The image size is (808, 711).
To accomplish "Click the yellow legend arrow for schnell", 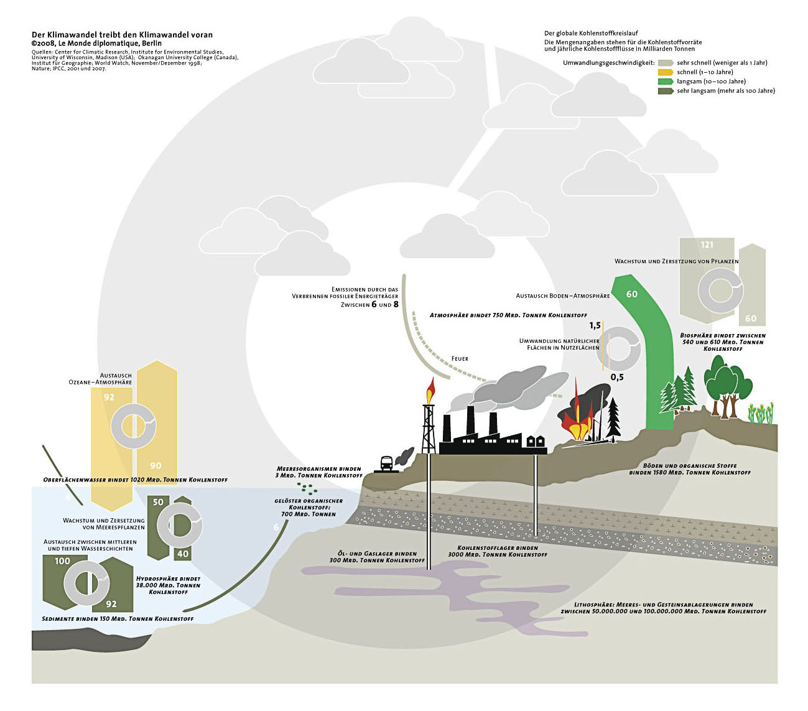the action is pos(666,72).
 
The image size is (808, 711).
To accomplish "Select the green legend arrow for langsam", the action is pos(666,81).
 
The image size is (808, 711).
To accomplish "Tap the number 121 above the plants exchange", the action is pos(707,244).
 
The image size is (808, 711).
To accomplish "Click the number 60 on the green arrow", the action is pos(632,294).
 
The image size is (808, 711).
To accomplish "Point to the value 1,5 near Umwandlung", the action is pos(595,326).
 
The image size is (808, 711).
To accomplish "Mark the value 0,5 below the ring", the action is pos(617,377).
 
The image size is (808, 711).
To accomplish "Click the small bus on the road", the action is pos(386,464).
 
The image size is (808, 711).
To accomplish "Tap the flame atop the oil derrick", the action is pos(430,391).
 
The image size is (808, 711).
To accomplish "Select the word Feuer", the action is pos(460,358).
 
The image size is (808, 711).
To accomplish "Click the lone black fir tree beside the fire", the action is pos(613,417).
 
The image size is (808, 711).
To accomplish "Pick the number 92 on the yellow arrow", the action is pos(109,397).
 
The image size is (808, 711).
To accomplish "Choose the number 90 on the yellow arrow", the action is pos(156,465).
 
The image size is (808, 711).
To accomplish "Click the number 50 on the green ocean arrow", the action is pos(159,502).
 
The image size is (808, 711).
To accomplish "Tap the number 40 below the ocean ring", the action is pos(183,554).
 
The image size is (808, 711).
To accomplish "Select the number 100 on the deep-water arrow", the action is pos(62,561).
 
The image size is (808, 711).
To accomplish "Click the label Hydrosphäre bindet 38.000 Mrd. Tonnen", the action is pos(168,585).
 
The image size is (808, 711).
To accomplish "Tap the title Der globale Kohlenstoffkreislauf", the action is pos(591,34).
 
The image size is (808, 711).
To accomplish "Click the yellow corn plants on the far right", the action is pos(760,412).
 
